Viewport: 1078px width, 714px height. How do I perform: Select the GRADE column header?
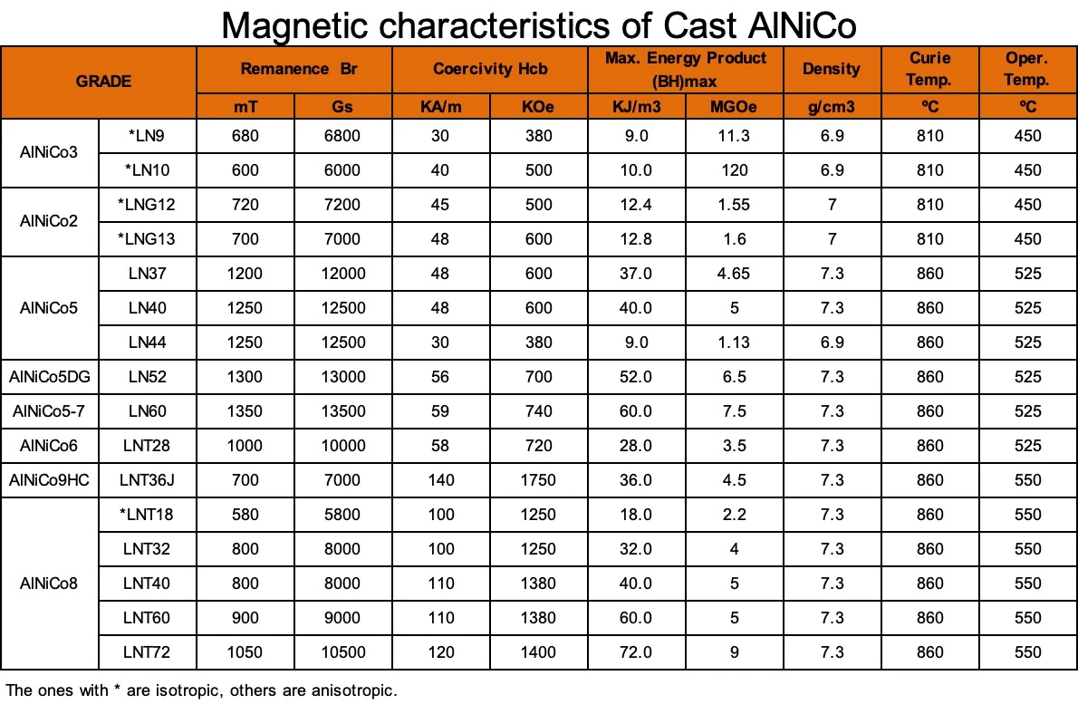tap(103, 81)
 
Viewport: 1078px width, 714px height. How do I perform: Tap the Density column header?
tap(831, 69)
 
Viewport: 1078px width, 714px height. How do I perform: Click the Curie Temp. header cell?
tap(930, 69)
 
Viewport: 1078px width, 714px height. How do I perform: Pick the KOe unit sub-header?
tap(538, 106)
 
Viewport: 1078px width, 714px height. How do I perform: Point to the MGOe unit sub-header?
tap(734, 106)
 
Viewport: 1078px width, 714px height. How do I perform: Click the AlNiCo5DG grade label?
tap(51, 377)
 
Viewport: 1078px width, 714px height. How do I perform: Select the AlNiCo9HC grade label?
tap(51, 480)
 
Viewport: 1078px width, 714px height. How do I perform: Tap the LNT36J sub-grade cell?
tap(147, 480)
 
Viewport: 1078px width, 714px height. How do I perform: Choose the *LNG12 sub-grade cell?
tap(147, 205)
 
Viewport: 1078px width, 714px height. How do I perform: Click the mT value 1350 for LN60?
tap(245, 411)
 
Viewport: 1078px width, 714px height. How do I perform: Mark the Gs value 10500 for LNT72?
tap(342, 652)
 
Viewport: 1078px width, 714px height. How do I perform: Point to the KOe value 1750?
tap(538, 480)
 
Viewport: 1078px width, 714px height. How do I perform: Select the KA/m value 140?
tap(440, 480)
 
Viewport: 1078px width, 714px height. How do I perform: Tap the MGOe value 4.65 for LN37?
tap(734, 274)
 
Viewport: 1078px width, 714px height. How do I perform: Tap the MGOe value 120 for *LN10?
tap(734, 170)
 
